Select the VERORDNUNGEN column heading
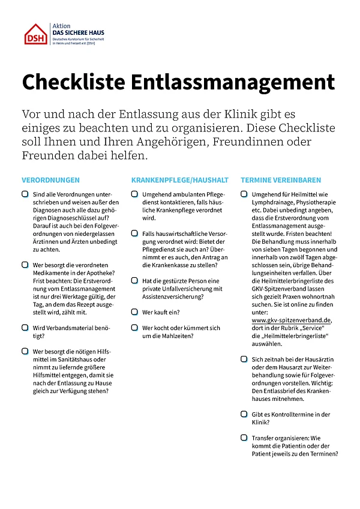[50, 180]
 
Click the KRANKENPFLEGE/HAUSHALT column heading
[180, 180]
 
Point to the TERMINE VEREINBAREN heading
[281, 180]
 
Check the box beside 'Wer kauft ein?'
[135, 312]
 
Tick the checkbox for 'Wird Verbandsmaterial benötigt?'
[25, 328]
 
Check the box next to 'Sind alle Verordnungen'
[25, 194]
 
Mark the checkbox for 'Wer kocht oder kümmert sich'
[135, 328]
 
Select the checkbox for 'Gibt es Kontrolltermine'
[244, 414]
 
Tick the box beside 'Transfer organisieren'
[244, 438]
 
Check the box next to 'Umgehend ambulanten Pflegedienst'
[135, 194]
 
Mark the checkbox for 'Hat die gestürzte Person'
[135, 281]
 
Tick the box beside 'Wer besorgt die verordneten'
[25, 265]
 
